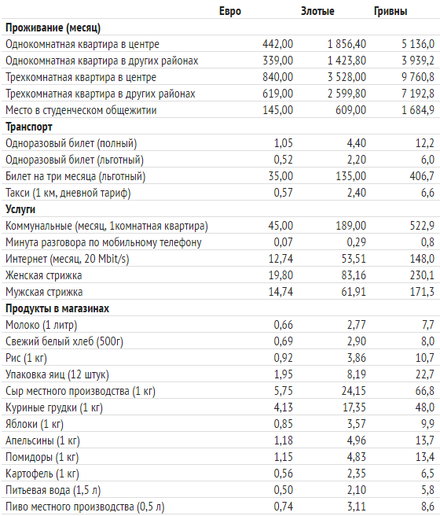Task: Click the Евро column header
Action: click(x=230, y=11)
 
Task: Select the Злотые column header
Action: click(x=317, y=11)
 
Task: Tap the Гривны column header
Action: click(x=390, y=11)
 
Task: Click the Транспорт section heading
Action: click(x=29, y=127)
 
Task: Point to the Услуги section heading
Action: click(x=20, y=209)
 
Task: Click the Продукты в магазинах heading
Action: click(x=57, y=308)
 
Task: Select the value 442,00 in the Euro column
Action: click(x=277, y=44)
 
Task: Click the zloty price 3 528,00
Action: click(x=346, y=77)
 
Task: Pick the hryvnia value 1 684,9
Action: click(x=418, y=110)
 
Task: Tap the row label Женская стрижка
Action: click(x=44, y=275)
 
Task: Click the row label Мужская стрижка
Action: click(x=44, y=292)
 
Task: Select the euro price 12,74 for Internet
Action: click(x=280, y=259)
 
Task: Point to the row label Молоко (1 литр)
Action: click(x=42, y=325)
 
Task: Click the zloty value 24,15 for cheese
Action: click(x=354, y=391)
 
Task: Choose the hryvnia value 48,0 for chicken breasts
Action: click(x=424, y=407)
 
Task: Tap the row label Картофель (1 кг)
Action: click(x=42, y=474)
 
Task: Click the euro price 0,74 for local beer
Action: click(x=284, y=506)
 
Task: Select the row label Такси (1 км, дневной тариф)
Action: click(x=68, y=193)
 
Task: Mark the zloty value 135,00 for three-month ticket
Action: click(x=351, y=176)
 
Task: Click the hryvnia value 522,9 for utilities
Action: click(x=422, y=226)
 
